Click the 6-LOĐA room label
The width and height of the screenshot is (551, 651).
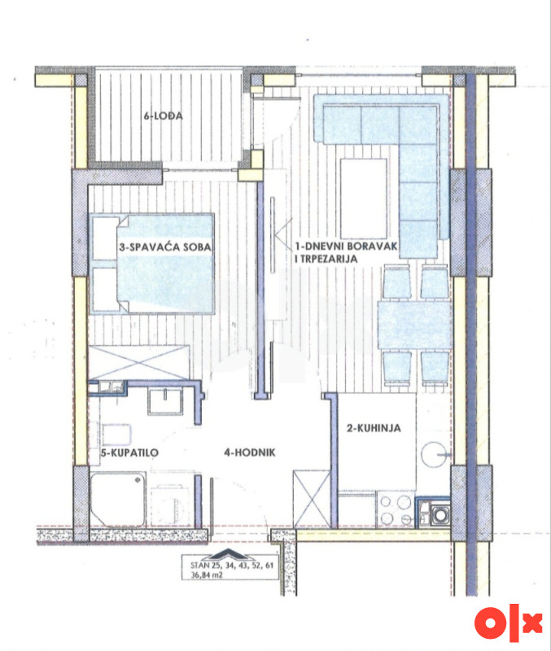point(163,116)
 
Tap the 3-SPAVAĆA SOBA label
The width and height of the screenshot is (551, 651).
point(165,247)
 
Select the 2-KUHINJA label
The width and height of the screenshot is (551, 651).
point(374,428)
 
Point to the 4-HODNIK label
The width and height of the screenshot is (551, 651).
point(250,452)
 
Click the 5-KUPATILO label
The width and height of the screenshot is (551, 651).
point(129,452)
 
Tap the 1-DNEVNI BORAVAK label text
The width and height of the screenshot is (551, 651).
point(346,246)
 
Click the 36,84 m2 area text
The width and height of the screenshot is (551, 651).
point(207,575)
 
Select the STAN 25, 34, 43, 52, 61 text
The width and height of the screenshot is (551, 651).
point(232,565)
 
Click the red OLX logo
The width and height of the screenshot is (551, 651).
point(509,623)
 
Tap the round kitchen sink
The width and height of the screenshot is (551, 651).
point(434,455)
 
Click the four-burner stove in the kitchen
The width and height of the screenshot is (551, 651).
point(395,510)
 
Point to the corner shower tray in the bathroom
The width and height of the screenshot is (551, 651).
point(118,500)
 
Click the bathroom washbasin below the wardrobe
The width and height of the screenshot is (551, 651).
point(165,401)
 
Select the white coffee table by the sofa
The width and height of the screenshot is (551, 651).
point(364,199)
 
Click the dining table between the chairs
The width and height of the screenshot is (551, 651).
point(414,325)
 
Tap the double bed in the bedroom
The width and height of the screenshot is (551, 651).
point(153,263)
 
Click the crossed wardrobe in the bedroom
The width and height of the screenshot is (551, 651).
point(139,362)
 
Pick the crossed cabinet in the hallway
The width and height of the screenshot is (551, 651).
point(312,499)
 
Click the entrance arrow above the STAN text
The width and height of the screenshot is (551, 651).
point(230,554)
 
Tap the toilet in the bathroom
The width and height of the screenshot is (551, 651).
point(116,435)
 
